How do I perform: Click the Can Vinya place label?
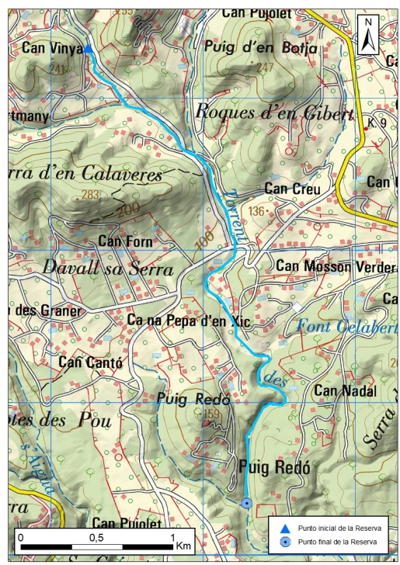pos(51,48)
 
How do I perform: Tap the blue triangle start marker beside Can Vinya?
pos(88,50)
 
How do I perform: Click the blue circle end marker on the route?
pos(246,503)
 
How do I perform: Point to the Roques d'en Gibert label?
pos(273,111)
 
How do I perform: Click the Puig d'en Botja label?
pos(260,47)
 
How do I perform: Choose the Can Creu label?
pos(288,188)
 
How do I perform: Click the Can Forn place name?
pos(128,242)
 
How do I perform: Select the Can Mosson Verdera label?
pos(336,266)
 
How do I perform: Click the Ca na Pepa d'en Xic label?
pos(190,320)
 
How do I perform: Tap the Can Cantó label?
pos(91,362)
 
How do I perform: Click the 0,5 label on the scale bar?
pos(96,537)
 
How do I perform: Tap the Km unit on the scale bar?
pos(183,546)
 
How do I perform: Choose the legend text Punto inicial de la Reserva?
pos(338,528)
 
